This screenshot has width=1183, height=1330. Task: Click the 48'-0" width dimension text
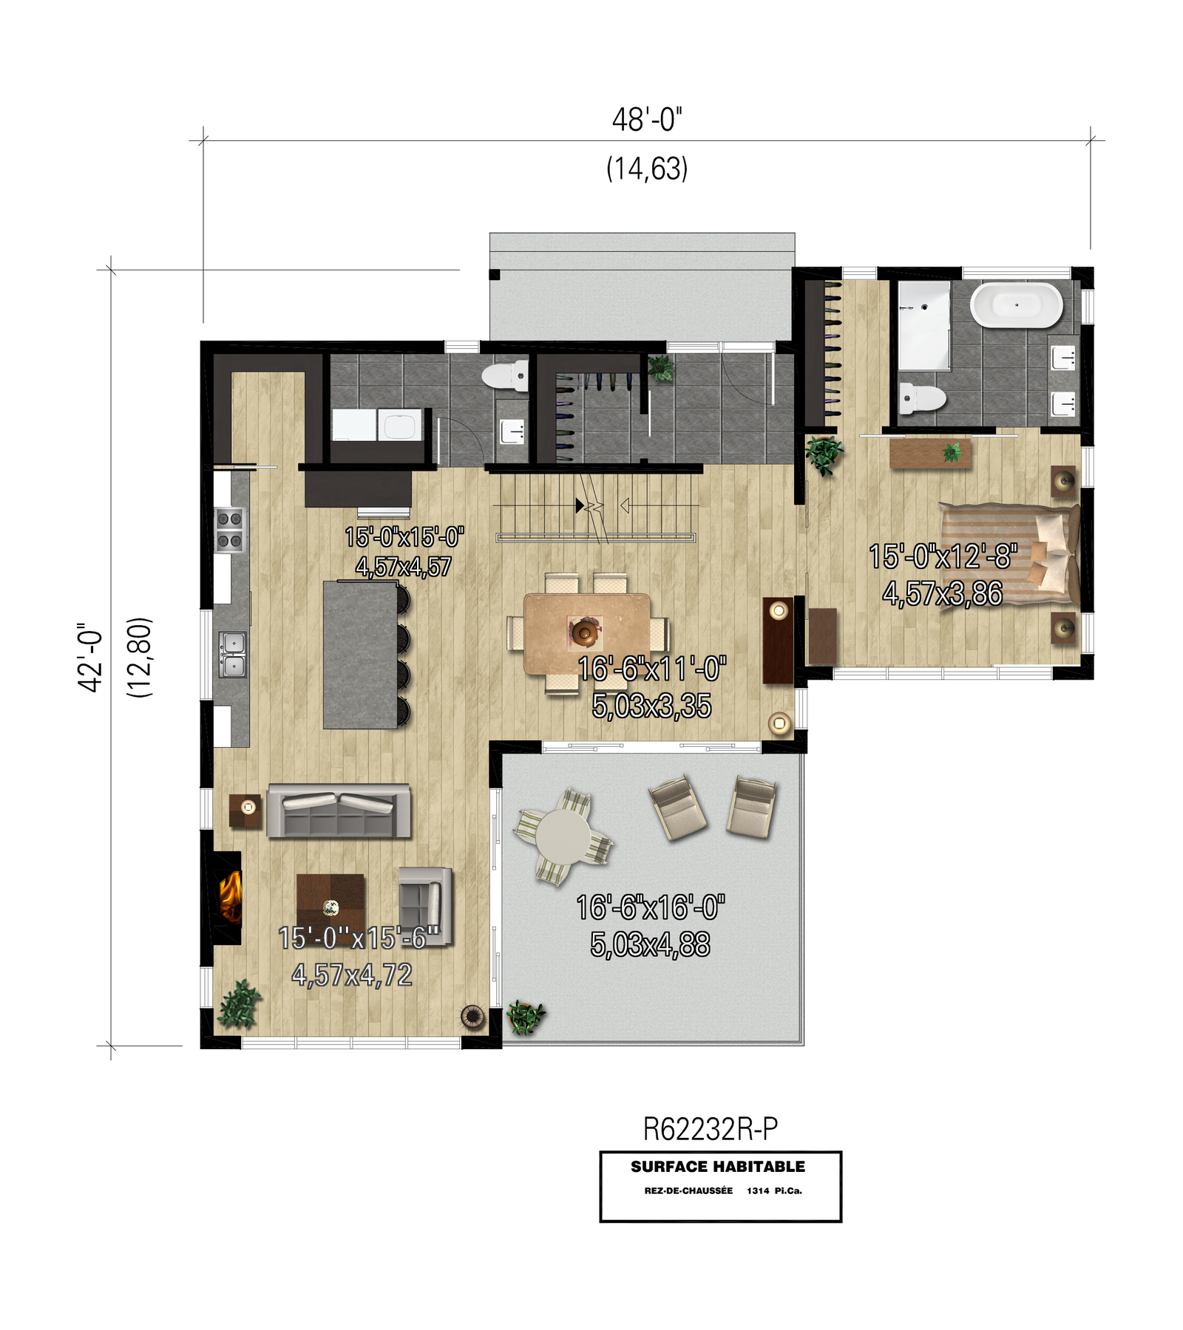(x=647, y=120)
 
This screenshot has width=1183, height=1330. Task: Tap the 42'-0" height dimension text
(x=91, y=657)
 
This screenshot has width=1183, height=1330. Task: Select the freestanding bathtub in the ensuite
(x=1016, y=304)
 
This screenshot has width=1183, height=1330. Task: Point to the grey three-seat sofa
(x=338, y=811)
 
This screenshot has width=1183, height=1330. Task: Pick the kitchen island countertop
(x=360, y=655)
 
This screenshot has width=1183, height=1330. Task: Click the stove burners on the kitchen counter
(x=229, y=531)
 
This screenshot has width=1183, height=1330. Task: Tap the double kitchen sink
(x=232, y=654)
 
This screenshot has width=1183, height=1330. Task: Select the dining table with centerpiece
(x=587, y=633)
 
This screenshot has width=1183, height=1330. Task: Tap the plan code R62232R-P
(x=710, y=1129)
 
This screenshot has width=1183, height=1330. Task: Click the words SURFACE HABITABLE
(x=718, y=1167)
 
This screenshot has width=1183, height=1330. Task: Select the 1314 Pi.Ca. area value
(x=774, y=1190)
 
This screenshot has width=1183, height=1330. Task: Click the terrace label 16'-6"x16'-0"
(x=651, y=907)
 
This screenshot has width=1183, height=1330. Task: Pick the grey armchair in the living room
(x=425, y=906)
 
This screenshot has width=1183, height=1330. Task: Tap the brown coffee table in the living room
(x=331, y=904)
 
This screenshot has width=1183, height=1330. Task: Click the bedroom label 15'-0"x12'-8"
(x=943, y=556)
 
